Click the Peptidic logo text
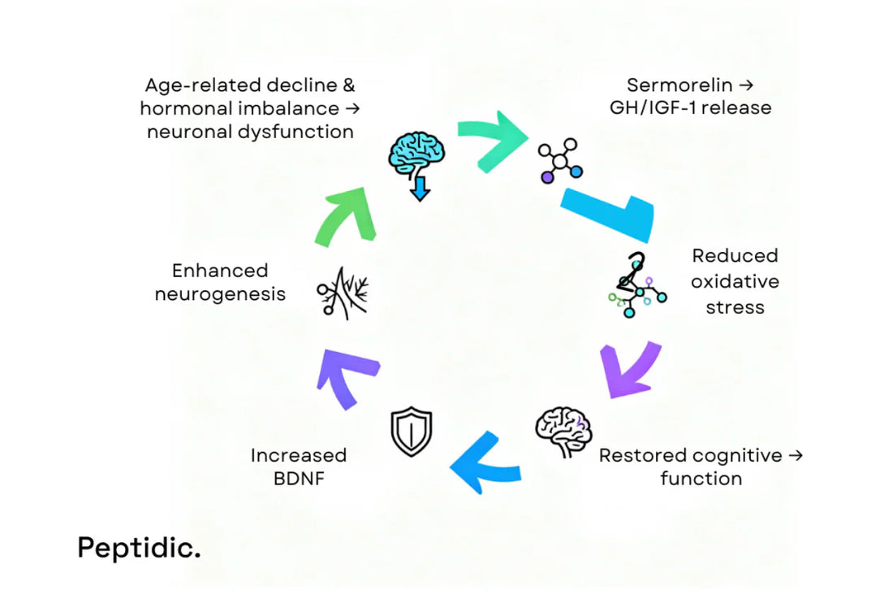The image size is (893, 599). click(x=138, y=548)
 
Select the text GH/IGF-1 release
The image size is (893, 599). click(x=690, y=107)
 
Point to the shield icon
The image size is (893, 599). click(x=412, y=432)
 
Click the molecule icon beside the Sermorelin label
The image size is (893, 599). click(x=561, y=160)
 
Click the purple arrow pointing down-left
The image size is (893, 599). click(x=631, y=370)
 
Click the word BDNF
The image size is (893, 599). click(x=298, y=478)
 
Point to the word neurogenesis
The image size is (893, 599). click(x=220, y=293)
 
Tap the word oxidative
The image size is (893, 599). click(x=735, y=281)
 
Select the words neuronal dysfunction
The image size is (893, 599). click(x=250, y=131)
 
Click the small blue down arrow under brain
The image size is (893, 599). click(x=419, y=190)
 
